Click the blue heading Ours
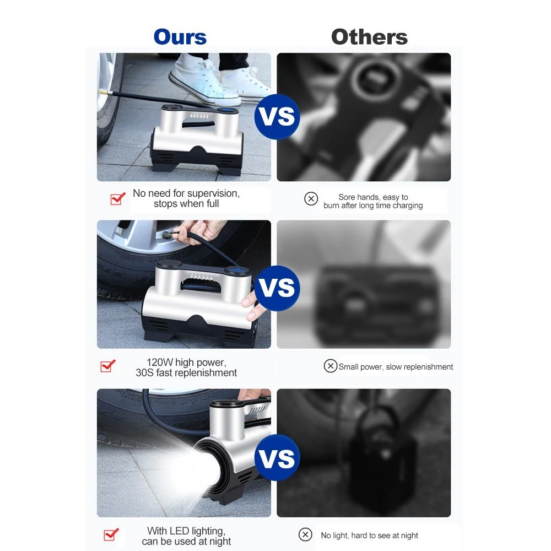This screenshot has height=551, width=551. pos(180,37)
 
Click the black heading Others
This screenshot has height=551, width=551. pos(369,37)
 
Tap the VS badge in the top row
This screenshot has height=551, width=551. pos(277,117)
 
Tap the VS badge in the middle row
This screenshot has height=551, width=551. pos(277,288)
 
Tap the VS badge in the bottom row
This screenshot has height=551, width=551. pos(277,457)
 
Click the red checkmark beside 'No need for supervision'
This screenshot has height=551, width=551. pos(118,198)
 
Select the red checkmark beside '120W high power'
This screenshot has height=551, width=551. pos(108,366)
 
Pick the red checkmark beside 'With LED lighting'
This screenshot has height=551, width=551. pos(111,534)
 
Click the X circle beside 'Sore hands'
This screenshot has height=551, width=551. pos(311,198)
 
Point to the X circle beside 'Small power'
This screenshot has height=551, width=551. pos(330,366)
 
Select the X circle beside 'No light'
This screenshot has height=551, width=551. pos(305,534)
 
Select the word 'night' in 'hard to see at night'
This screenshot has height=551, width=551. pos(408,536)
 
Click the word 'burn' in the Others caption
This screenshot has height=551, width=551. pos(331,206)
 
